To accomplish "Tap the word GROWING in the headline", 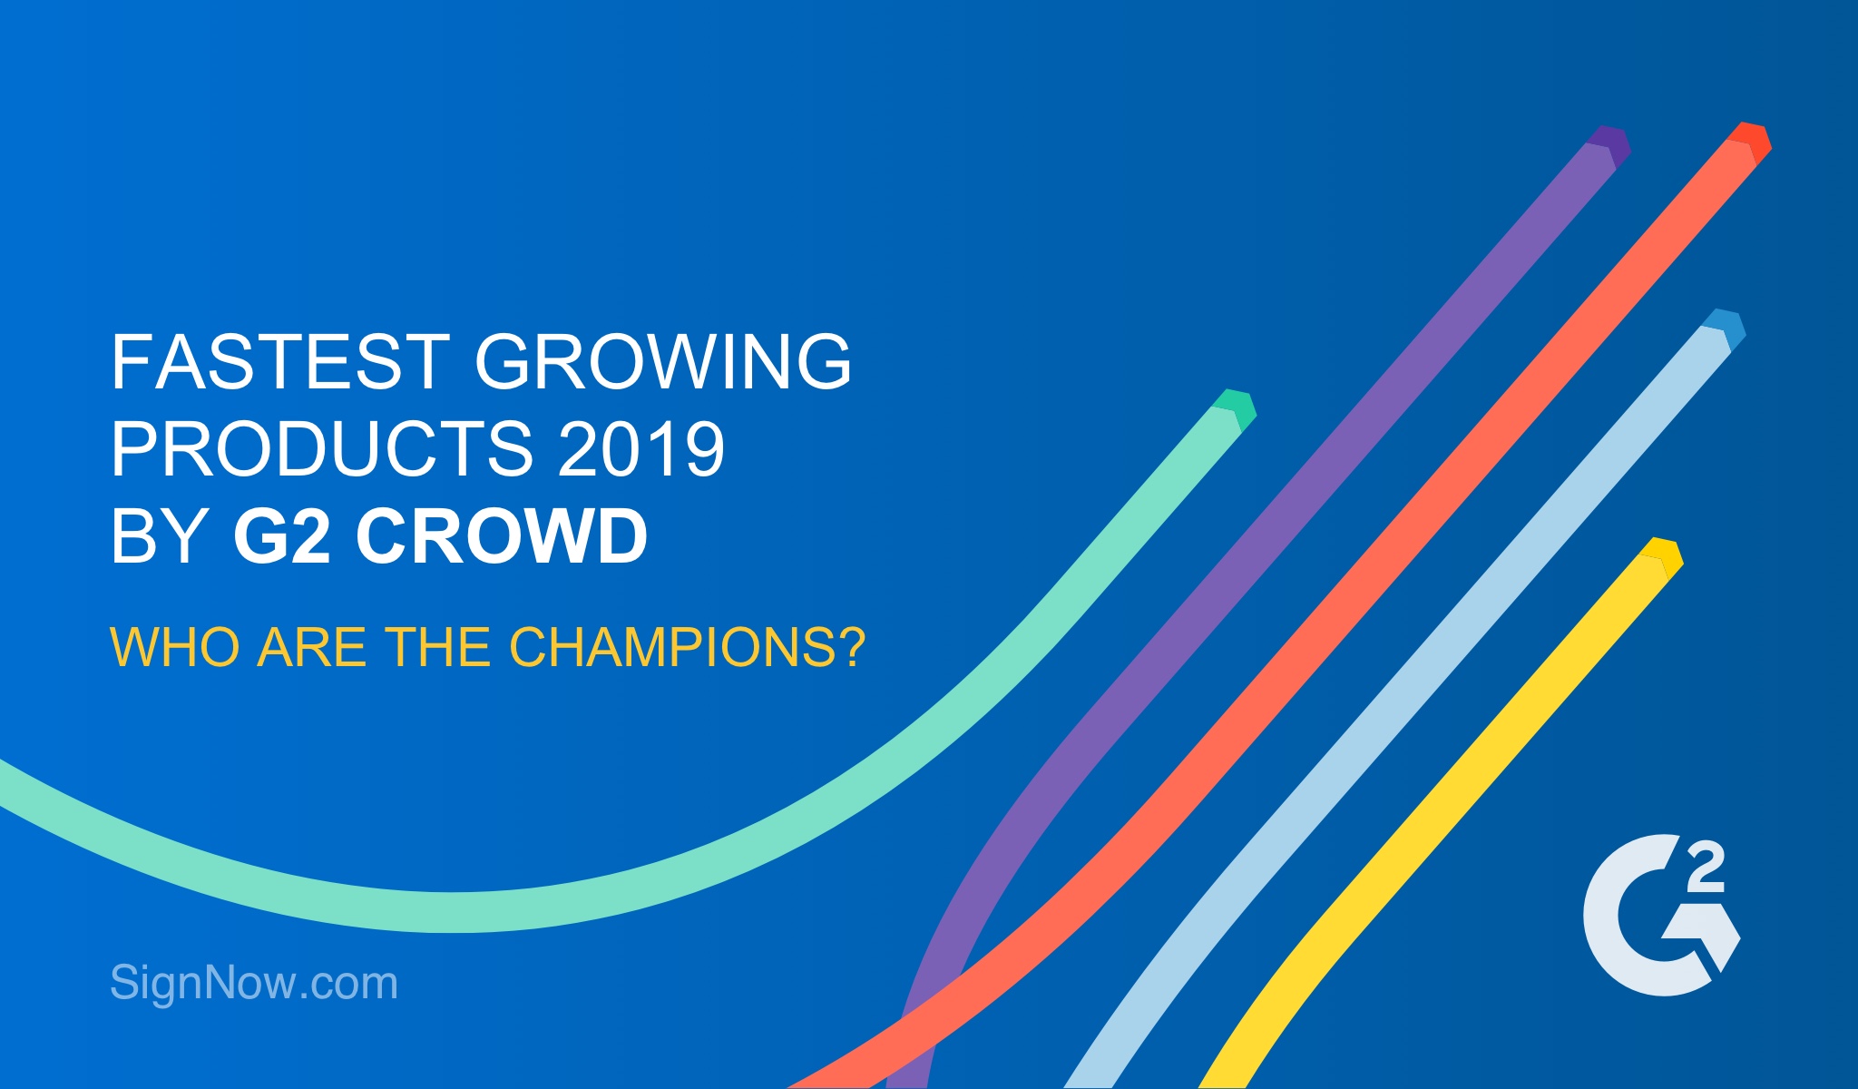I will pos(663,361).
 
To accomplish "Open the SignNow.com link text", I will pos(254,982).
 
